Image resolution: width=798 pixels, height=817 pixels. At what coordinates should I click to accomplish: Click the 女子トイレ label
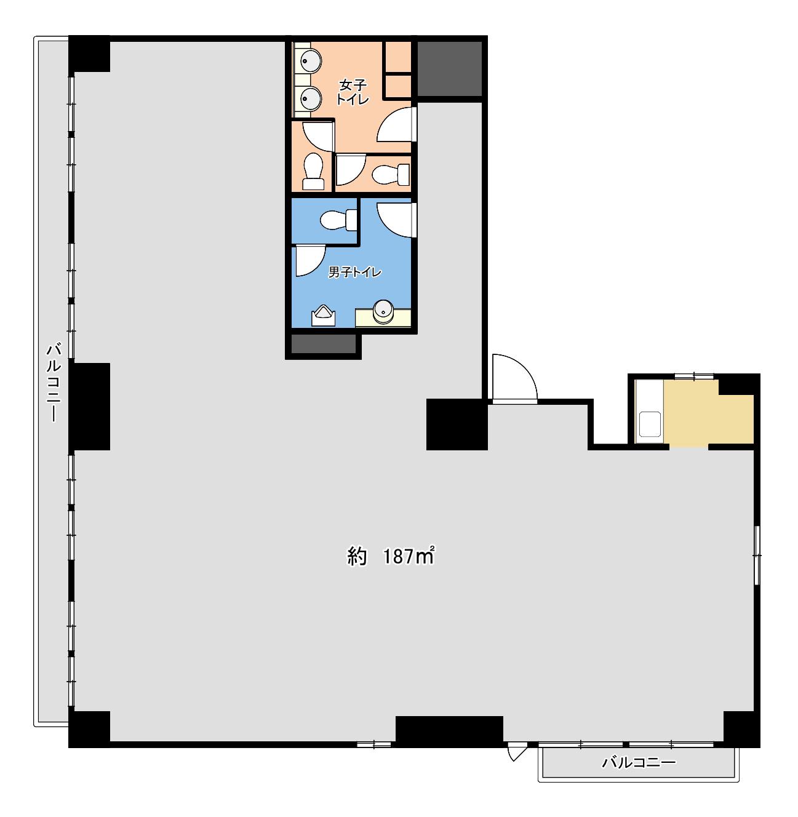click(353, 92)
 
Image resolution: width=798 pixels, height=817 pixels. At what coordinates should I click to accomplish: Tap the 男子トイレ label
click(354, 273)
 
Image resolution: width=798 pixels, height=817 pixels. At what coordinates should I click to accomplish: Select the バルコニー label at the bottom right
click(639, 762)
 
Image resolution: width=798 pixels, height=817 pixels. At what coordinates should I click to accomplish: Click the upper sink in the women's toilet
click(311, 62)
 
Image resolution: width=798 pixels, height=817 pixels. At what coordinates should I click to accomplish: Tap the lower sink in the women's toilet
click(311, 99)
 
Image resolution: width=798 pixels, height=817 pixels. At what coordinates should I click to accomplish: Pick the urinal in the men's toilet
click(323, 316)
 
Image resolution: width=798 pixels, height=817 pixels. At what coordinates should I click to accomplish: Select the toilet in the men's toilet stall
click(338, 220)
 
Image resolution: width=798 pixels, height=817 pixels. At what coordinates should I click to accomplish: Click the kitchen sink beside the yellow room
click(649, 425)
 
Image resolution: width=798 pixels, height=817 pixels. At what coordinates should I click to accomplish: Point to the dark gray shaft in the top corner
click(449, 69)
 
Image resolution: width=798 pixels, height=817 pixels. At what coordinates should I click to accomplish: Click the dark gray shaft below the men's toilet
click(324, 344)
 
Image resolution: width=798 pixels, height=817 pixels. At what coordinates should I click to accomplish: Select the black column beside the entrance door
click(457, 424)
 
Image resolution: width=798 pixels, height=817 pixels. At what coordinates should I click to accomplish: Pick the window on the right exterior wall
click(757, 555)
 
